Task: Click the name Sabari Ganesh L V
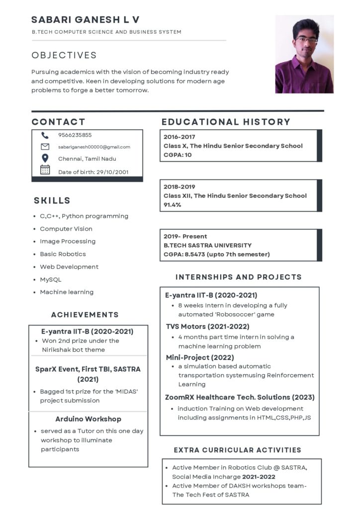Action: coord(85,20)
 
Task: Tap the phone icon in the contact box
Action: coord(45,135)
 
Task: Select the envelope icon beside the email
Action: coord(45,147)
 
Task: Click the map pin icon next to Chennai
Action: coord(45,158)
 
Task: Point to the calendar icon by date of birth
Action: coord(45,170)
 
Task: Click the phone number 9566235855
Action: coord(75,135)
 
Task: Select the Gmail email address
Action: coord(94,147)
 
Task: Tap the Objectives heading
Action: coord(64,55)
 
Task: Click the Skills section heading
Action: coord(52,201)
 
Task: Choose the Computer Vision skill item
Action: coord(66,229)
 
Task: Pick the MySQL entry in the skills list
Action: coord(51,279)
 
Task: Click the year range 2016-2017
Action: coord(180,137)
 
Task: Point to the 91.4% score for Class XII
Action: coord(173,205)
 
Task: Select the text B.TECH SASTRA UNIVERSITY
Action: coord(207,245)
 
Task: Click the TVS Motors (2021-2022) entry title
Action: coord(207,327)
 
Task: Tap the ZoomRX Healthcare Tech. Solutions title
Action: coord(240,397)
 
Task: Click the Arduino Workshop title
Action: coord(88,419)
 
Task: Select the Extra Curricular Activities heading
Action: coord(238,450)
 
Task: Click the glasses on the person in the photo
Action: coord(306,39)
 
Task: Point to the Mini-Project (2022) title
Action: coord(200,357)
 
